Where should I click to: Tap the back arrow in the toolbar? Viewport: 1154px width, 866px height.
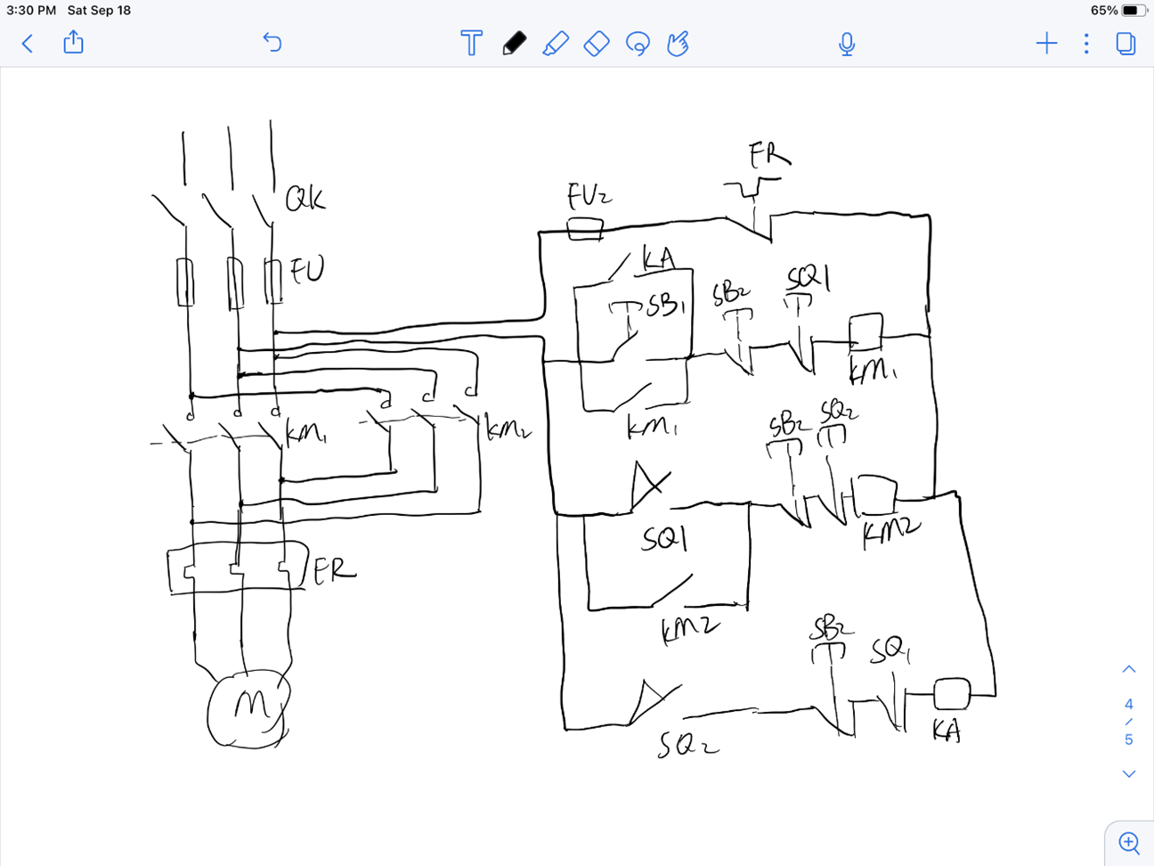pos(28,43)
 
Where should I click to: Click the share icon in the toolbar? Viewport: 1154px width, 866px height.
pos(73,42)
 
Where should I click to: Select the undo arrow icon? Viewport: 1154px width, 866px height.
pos(272,42)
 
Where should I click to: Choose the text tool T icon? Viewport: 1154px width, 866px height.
pos(471,43)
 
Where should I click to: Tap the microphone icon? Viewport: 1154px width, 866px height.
pos(846,44)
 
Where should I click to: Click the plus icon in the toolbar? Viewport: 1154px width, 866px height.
pos(1047,43)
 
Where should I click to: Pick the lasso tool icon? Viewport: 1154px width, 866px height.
pos(638,44)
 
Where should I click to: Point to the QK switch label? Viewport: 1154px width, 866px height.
pos(305,199)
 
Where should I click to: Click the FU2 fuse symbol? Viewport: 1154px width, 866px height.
pos(585,229)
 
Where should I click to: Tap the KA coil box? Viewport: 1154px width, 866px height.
pos(951,693)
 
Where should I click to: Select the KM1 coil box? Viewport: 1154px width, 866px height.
pos(865,331)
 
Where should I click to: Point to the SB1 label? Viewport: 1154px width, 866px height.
pos(666,306)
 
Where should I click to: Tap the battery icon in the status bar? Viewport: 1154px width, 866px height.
pos(1132,11)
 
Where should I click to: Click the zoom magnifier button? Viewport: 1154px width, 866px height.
pos(1129,842)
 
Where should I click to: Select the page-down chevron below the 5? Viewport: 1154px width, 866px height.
pos(1128,774)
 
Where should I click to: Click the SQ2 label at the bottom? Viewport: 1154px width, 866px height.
pos(687,744)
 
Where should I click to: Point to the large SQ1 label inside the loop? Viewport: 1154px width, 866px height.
pos(665,538)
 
